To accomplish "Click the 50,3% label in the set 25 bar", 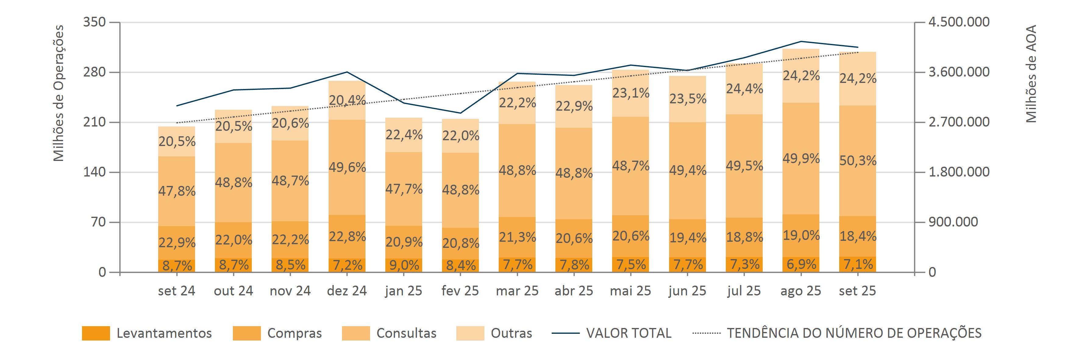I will [x=858, y=161].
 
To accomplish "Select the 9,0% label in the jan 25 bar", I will [x=404, y=265].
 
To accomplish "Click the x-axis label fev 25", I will [x=460, y=291].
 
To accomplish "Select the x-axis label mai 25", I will [x=631, y=291].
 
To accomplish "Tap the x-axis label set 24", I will [x=176, y=291].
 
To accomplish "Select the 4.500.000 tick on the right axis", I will [x=959, y=22].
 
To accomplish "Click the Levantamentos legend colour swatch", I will [x=96, y=333].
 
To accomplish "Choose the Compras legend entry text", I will [x=294, y=333].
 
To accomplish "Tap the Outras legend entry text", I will [x=511, y=333].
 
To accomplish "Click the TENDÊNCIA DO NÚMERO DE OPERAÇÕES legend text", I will [x=854, y=333].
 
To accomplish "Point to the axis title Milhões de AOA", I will [x=1031, y=74].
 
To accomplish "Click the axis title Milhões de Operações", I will [x=59, y=93].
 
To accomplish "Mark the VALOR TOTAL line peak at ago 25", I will [x=801, y=41].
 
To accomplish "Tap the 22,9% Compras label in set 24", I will [x=177, y=242].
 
